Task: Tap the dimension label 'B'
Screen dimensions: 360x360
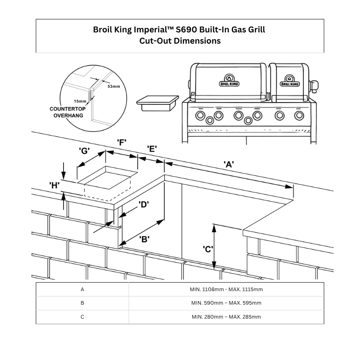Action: [144, 239]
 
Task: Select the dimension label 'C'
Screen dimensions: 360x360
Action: [207, 249]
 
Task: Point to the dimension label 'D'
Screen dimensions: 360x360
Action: [144, 205]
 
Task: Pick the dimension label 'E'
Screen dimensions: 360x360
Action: [152, 149]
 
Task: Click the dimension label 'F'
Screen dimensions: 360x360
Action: [121, 142]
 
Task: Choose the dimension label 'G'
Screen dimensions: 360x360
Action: [84, 151]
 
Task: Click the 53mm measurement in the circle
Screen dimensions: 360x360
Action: [114, 85]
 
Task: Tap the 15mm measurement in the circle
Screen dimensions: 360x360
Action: [79, 102]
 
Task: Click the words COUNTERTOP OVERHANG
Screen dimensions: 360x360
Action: [68, 112]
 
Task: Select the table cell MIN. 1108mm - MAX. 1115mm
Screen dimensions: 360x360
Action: [226, 289]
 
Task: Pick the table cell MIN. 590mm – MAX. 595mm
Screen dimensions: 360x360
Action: [226, 303]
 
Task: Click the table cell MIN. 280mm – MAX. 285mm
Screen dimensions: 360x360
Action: [226, 317]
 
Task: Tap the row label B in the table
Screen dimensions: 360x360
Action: [82, 303]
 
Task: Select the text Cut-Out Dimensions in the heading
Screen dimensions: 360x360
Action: [180, 41]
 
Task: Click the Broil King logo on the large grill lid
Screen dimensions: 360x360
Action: [229, 82]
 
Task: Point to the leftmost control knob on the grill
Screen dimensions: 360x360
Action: [199, 116]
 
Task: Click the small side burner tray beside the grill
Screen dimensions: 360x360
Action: [157, 102]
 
